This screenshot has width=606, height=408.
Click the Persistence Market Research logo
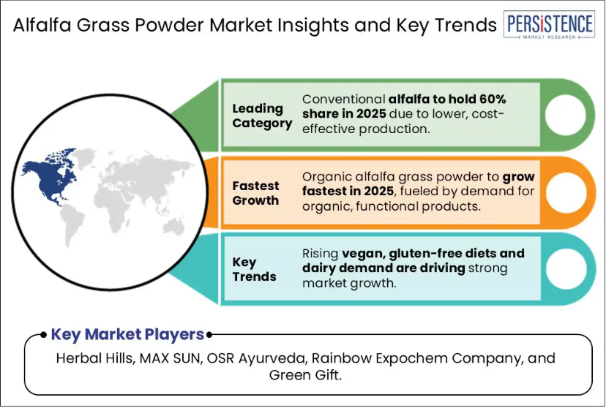pyautogui.click(x=549, y=24)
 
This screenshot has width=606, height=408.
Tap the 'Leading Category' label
pyautogui.click(x=262, y=116)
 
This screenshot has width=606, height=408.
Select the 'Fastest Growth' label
pyautogui.click(x=255, y=193)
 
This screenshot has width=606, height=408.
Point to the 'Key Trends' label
pyautogui.click(x=254, y=269)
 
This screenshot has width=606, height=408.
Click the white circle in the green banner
pyautogui.click(x=565, y=115)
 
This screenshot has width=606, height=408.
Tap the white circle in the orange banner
pyautogui.click(x=566, y=192)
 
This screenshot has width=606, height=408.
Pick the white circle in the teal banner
pyautogui.click(x=566, y=269)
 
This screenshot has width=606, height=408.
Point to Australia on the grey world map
pyautogui.click(x=173, y=227)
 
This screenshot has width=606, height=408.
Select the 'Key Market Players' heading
pyautogui.click(x=127, y=334)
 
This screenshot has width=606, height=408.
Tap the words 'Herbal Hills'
pyautogui.click(x=95, y=358)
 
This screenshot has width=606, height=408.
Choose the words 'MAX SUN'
pyautogui.click(x=171, y=358)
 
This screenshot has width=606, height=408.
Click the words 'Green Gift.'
pyautogui.click(x=305, y=375)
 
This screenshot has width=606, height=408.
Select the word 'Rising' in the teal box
pyautogui.click(x=321, y=254)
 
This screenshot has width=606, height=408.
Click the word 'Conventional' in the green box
pyautogui.click(x=343, y=99)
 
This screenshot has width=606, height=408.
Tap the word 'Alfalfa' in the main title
pyautogui.click(x=42, y=25)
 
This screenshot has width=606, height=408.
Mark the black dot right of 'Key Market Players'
pyautogui.click(x=209, y=335)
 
